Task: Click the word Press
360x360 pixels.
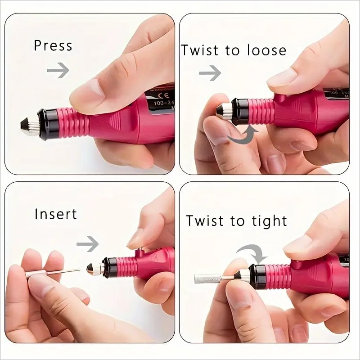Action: (53, 46)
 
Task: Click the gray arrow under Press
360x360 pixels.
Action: (58, 70)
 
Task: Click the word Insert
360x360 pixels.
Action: (55, 214)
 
